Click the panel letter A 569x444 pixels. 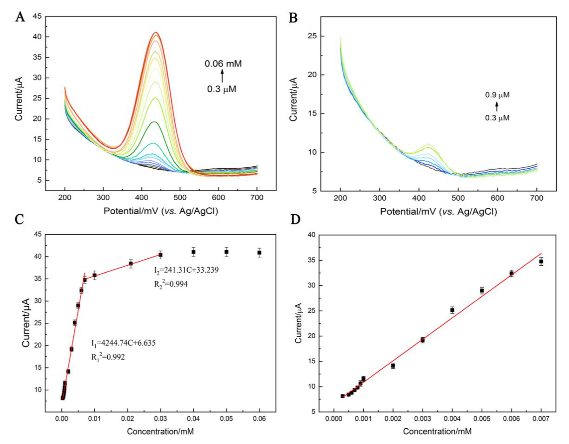point(20,18)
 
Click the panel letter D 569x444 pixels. point(295,220)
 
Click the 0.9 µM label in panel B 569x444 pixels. point(497,95)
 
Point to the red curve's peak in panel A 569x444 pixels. point(156,33)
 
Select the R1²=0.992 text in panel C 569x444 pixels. point(108,357)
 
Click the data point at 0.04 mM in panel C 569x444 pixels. point(194,252)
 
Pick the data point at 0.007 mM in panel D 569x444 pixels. point(541,261)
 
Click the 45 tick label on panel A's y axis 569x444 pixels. point(37,16)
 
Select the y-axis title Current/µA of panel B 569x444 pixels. point(293,99)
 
